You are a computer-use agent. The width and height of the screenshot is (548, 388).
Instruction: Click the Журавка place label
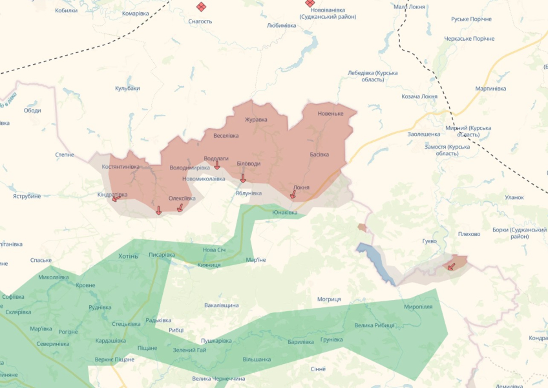tap(256, 120)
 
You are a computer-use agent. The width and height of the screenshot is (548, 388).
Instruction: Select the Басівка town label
tap(319, 155)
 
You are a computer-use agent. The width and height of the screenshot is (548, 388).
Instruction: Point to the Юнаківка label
tap(285, 212)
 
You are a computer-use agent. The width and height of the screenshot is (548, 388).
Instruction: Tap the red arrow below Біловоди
tap(243, 178)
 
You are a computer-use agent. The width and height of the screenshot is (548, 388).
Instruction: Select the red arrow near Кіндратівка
tap(116, 199)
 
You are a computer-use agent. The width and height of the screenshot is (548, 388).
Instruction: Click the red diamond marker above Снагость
tap(201, 6)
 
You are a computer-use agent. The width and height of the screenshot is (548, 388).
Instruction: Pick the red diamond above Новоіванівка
tap(310, 3)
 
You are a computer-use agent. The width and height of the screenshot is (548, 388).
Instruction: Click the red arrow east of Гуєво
tap(450, 265)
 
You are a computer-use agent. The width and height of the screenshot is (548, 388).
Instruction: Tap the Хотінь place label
tap(129, 256)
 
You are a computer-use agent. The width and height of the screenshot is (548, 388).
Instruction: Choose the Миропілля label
tap(418, 306)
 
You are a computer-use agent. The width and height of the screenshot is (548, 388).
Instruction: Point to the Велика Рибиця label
tap(375, 325)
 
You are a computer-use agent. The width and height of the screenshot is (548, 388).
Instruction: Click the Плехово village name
tap(469, 234)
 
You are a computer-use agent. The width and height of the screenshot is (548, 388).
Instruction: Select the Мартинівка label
tap(490, 89)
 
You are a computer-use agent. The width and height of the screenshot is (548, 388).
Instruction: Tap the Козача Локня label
tap(420, 96)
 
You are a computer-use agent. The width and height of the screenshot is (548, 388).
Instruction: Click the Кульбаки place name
tap(127, 88)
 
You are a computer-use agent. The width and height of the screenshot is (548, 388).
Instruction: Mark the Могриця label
tap(329, 299)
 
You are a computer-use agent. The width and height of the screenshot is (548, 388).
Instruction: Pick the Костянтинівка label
tap(121, 167)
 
